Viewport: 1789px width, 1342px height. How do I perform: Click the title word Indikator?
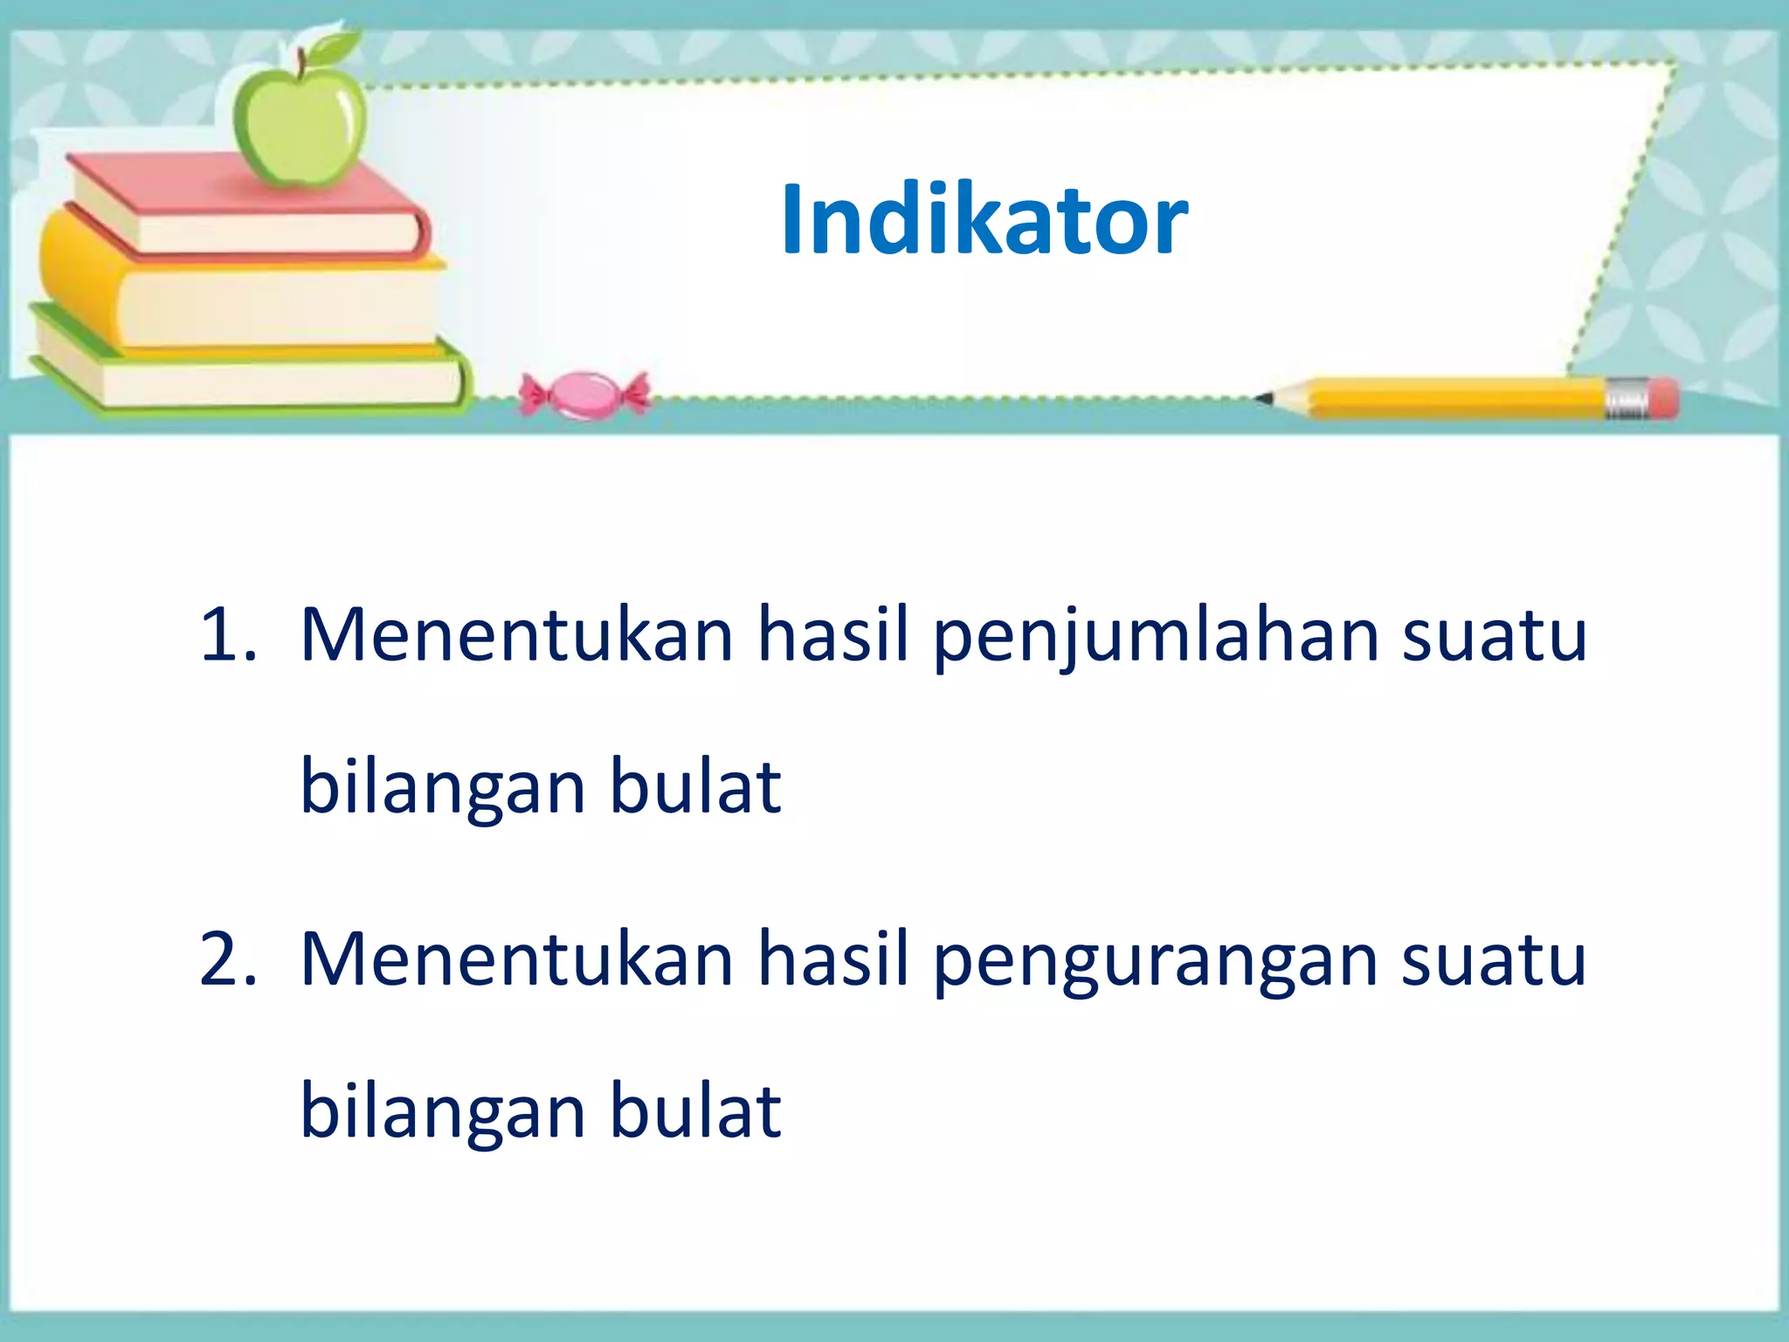click(x=984, y=220)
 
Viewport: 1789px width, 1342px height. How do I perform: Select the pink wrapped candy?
click(x=584, y=395)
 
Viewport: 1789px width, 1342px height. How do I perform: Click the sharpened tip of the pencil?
click(x=1264, y=398)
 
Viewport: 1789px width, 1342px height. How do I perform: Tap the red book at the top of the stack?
click(x=253, y=210)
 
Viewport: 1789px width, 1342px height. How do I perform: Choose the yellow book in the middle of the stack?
click(x=245, y=297)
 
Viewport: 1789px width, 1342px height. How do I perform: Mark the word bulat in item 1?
click(x=694, y=785)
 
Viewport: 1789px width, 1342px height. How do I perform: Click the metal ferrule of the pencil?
click(x=1627, y=399)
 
